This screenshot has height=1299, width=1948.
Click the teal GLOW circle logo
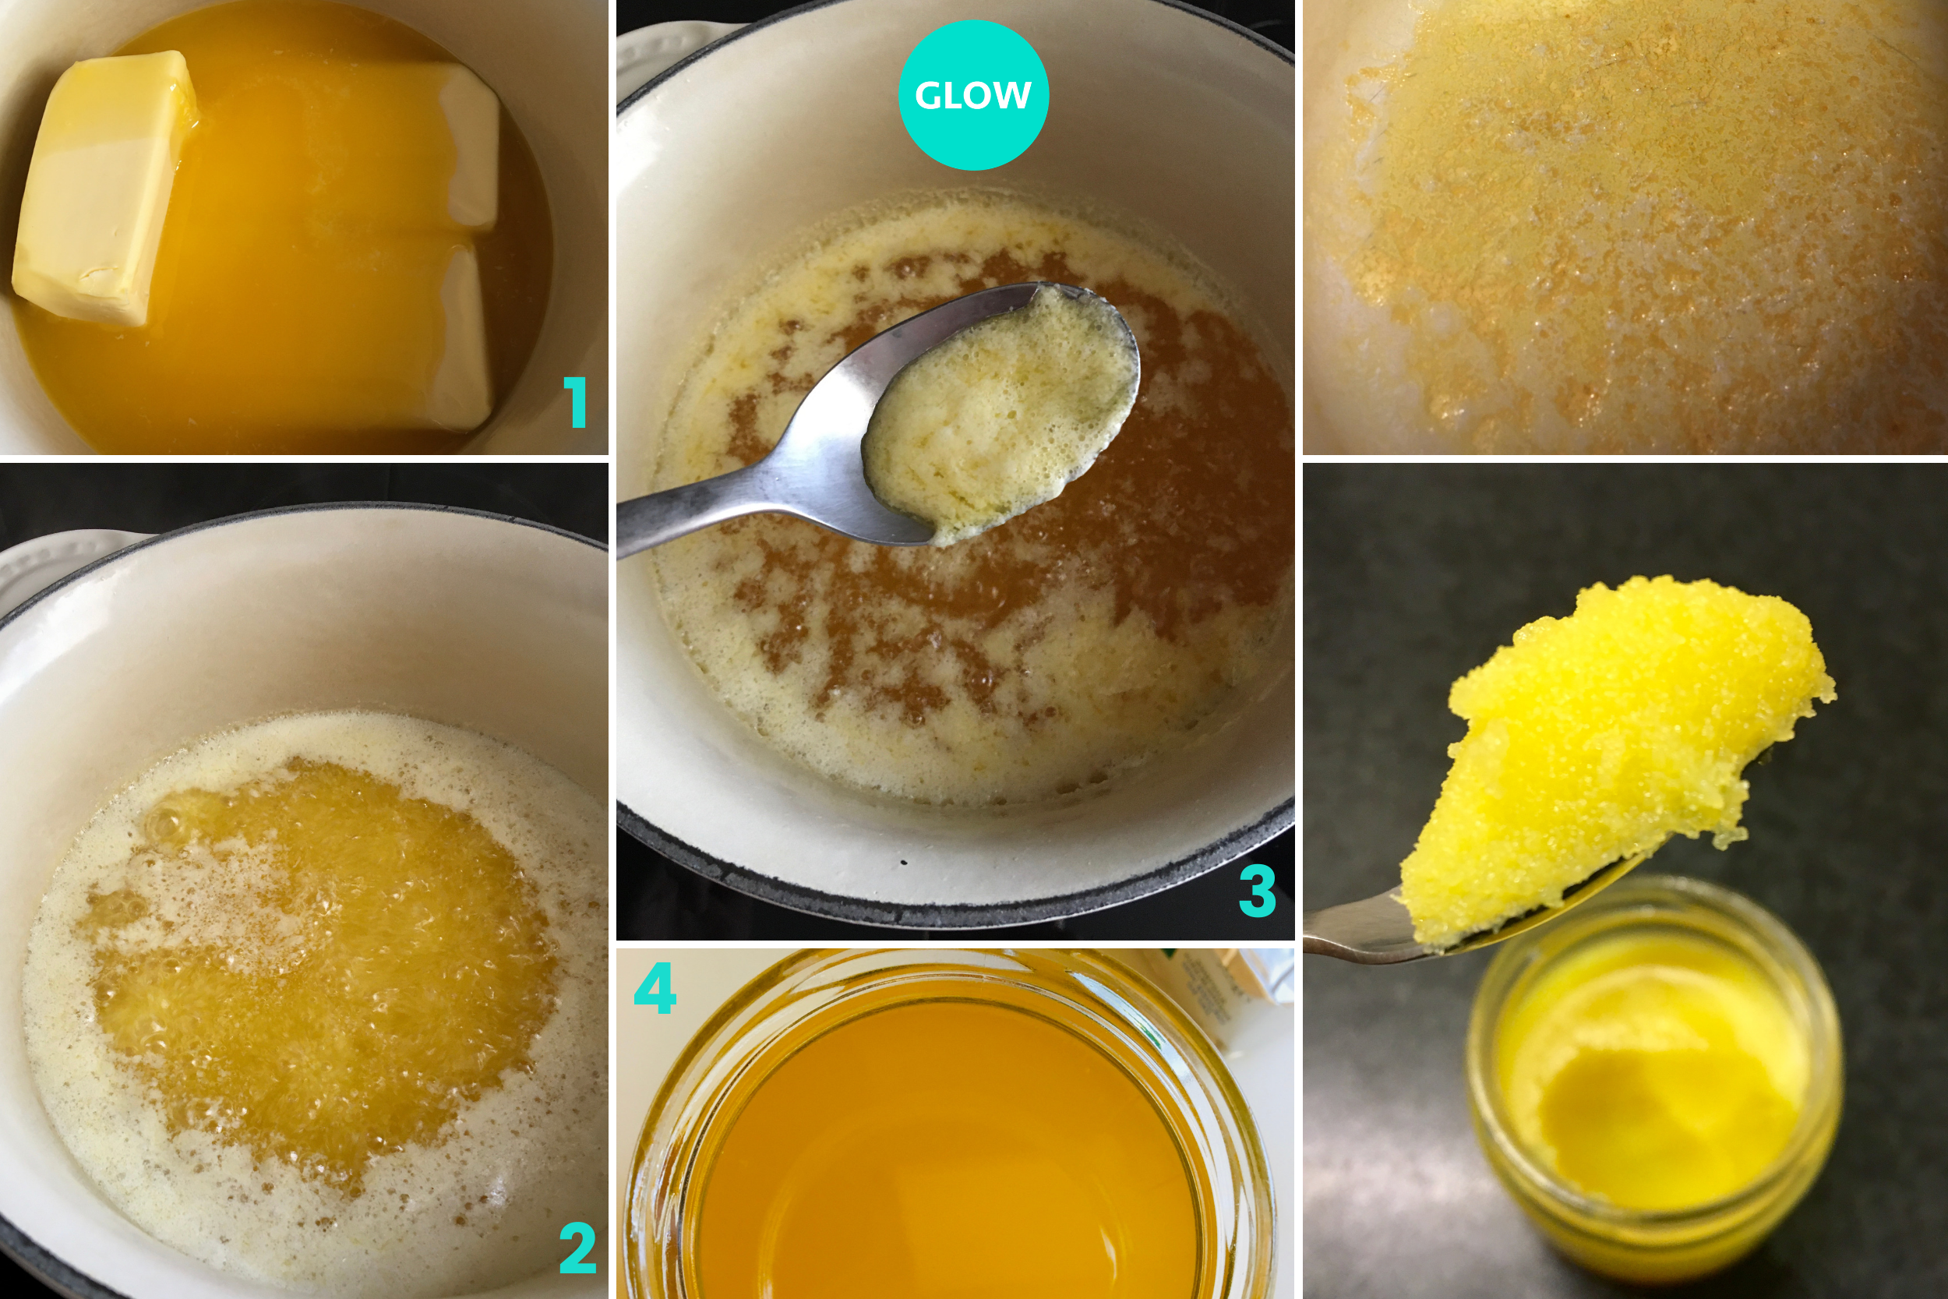[x=973, y=95]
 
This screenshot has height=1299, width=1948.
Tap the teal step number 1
[x=577, y=402]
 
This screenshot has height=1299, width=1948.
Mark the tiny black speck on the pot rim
[x=904, y=863]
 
